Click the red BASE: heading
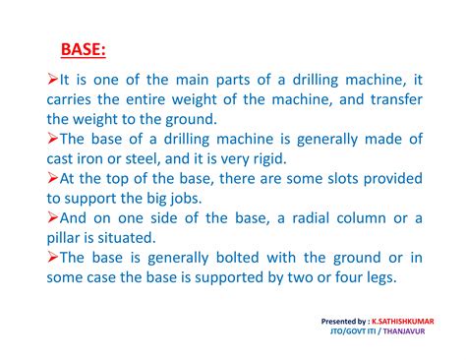tap(84, 48)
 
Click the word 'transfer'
tap(386, 100)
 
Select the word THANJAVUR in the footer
tap(409, 332)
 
